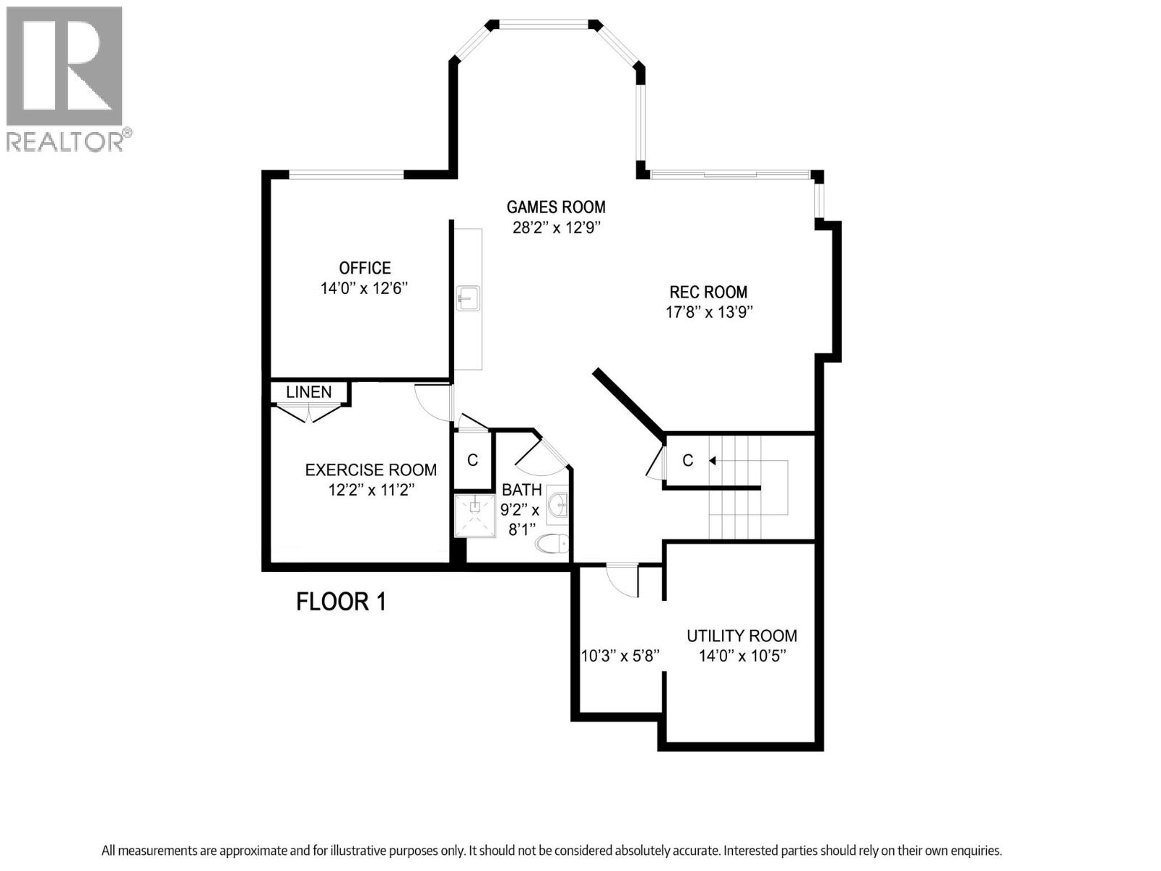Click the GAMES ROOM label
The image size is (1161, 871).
pyautogui.click(x=556, y=207)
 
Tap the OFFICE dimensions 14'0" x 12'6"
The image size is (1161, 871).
pyautogui.click(x=364, y=288)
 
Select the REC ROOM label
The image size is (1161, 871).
pyautogui.click(x=707, y=292)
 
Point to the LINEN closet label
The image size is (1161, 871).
pyautogui.click(x=308, y=392)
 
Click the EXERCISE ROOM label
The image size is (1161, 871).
pyautogui.click(x=371, y=470)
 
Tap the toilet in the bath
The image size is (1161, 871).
pyautogui.click(x=551, y=543)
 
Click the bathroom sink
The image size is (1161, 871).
pyautogui.click(x=557, y=504)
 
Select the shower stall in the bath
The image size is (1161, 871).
pyautogui.click(x=475, y=515)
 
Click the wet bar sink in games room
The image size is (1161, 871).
pyautogui.click(x=468, y=298)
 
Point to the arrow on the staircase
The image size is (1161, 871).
pyautogui.click(x=713, y=460)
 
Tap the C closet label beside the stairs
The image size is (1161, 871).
pyautogui.click(x=688, y=460)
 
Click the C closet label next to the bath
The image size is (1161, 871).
pyautogui.click(x=472, y=460)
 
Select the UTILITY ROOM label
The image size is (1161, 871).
pyautogui.click(x=742, y=636)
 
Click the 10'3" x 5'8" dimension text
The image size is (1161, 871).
pyautogui.click(x=620, y=656)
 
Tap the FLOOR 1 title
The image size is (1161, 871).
pyautogui.click(x=341, y=602)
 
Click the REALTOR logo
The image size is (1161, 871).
pyautogui.click(x=65, y=78)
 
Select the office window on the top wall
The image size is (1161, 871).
pyautogui.click(x=346, y=174)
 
